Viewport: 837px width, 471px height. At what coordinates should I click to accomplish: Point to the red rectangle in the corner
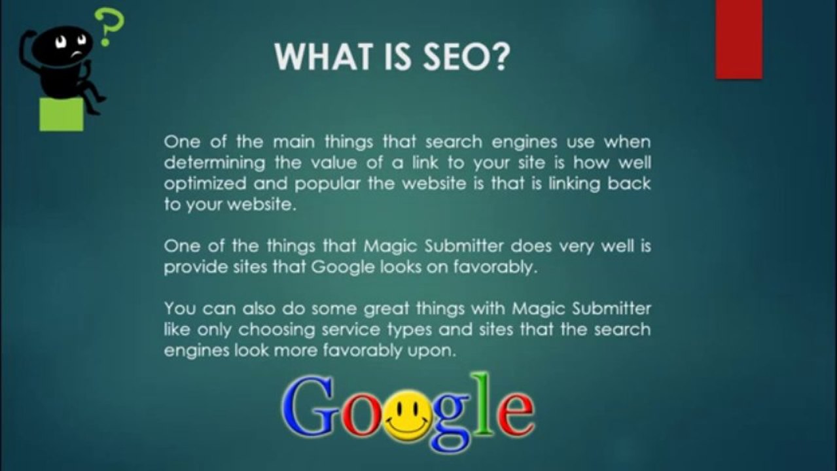(x=739, y=39)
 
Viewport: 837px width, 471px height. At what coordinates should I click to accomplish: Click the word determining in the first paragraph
(x=205, y=162)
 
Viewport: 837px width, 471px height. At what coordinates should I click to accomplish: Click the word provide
(x=190, y=268)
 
